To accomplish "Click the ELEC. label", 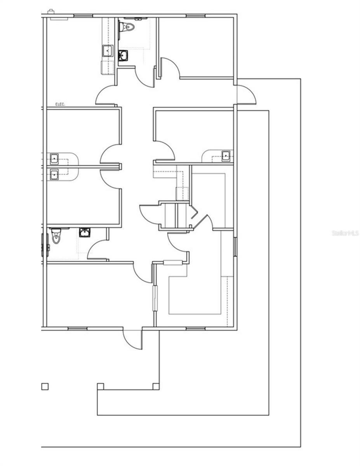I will [60, 104].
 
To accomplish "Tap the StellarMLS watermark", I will [345, 233].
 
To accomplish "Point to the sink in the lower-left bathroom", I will [84, 233].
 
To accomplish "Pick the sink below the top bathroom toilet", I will [123, 56].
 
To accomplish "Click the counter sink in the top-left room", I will [107, 50].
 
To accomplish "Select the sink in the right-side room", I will [226, 156].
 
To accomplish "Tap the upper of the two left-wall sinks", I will [54, 159].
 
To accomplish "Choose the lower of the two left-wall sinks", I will [54, 174].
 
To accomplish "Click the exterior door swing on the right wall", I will [247, 94].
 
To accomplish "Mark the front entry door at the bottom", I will [132, 339].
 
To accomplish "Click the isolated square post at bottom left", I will [45, 386].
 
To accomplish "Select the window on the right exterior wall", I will [235, 247].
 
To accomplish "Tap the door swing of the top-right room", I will [170, 67].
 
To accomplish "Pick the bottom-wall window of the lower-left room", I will [77, 329].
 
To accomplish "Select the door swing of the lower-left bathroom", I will [96, 249].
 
